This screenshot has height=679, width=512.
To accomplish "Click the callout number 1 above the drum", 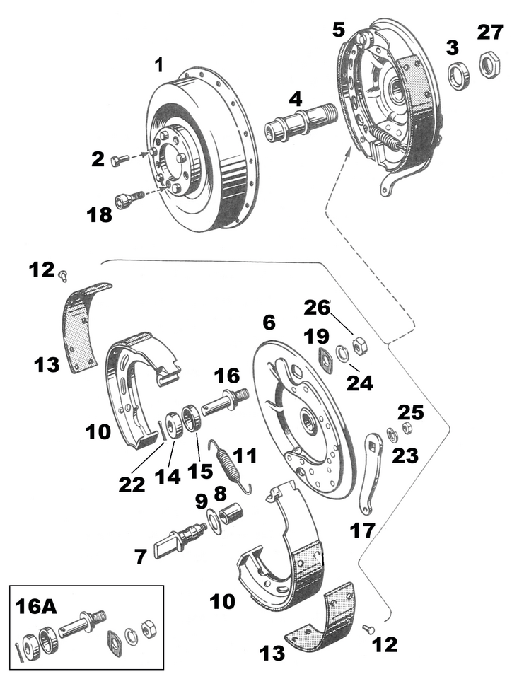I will coord(159,66).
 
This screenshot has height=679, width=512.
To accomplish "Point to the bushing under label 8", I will coord(231,511).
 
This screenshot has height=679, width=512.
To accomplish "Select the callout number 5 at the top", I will coord(338,30).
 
